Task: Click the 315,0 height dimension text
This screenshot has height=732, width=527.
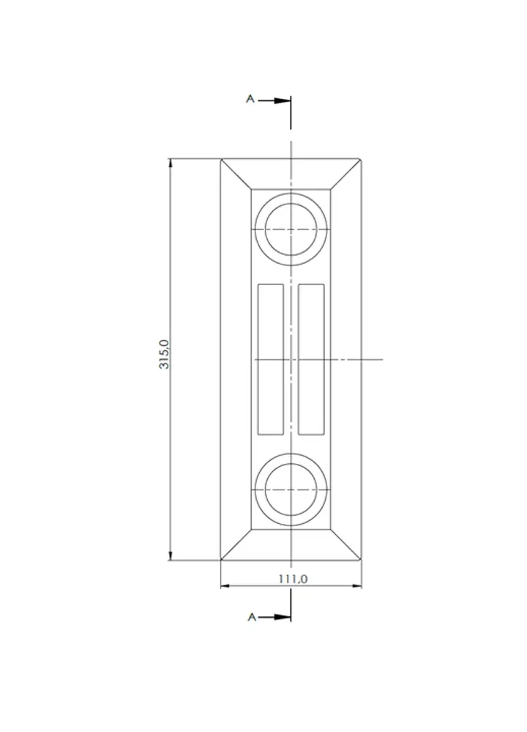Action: pos(164,354)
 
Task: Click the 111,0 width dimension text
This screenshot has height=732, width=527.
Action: pos(293,579)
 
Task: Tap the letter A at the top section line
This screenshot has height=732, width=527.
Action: pos(250,99)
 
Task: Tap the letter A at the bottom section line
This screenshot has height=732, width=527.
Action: pos(252,617)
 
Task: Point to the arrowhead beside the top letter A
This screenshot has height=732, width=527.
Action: pos(282,100)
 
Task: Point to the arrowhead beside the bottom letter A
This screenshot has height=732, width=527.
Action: pos(282,617)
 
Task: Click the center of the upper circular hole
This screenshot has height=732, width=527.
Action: pos(291,229)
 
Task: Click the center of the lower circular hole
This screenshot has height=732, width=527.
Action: pos(291,489)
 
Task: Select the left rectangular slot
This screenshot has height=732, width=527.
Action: pos(271,360)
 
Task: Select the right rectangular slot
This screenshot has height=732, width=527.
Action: pos(311,360)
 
